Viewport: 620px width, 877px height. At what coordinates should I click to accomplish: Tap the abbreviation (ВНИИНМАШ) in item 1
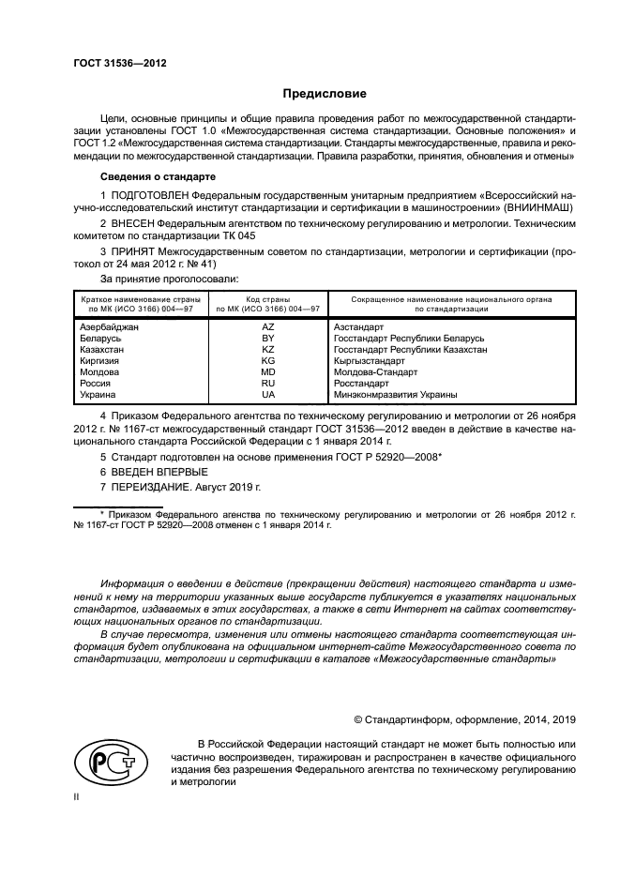coord(537,206)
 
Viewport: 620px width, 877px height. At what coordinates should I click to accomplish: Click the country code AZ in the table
coord(268,326)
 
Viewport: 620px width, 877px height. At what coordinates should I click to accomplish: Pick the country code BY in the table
coord(268,338)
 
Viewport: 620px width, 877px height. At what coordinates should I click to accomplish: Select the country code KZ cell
coord(268,349)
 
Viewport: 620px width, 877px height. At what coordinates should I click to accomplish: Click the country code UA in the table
coord(268,395)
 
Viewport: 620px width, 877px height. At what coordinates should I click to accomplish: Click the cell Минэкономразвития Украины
coord(395,395)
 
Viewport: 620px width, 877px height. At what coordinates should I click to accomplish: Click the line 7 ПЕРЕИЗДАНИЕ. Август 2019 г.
coord(179,488)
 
